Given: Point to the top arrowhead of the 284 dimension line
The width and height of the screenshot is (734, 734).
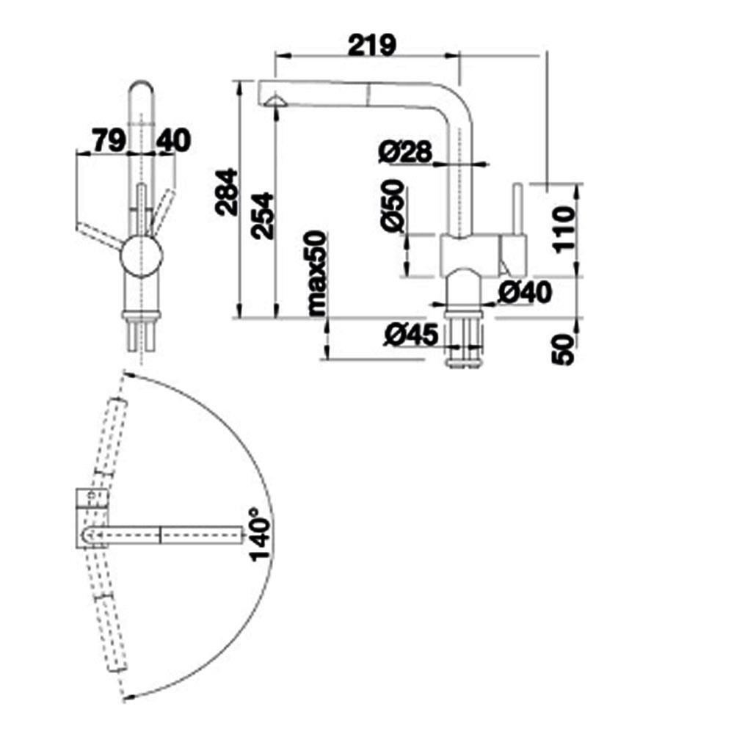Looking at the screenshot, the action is coord(240,86).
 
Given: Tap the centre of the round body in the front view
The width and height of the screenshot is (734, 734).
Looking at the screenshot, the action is coord(142,256).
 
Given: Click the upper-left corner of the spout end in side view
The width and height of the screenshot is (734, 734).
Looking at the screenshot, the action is coord(259,81).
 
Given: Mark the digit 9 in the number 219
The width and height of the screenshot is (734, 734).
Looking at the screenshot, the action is coord(386,45).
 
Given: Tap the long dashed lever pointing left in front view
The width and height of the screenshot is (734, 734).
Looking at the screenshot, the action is coord(100,236).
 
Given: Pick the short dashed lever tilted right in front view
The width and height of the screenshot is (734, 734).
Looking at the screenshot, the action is coord(162,211).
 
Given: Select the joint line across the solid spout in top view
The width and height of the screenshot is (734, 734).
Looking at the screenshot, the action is coord(161,534).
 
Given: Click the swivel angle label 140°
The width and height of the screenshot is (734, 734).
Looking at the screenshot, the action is coord(261,534).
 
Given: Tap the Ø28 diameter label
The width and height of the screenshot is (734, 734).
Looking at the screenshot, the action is coord(405,152).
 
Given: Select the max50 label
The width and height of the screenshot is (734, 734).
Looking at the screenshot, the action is coord(317,273).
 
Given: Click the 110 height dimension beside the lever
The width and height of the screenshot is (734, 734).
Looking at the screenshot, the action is coord(563,229).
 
